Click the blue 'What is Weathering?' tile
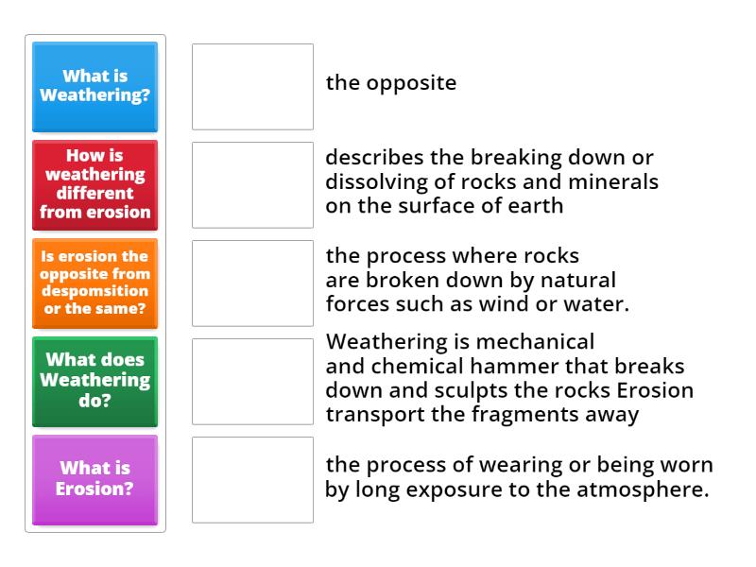tap(94, 86)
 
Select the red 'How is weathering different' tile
tap(94, 184)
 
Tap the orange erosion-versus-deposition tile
tap(94, 283)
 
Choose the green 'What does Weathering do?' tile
tap(94, 381)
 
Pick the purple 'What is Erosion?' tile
tap(94, 479)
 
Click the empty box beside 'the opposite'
tap(252, 86)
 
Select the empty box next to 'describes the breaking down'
tap(252, 184)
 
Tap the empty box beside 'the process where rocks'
tap(252, 283)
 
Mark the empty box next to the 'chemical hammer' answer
tap(252, 381)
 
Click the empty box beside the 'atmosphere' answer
tap(252, 479)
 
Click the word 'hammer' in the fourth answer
tap(509, 365)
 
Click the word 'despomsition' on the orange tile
tap(94, 292)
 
